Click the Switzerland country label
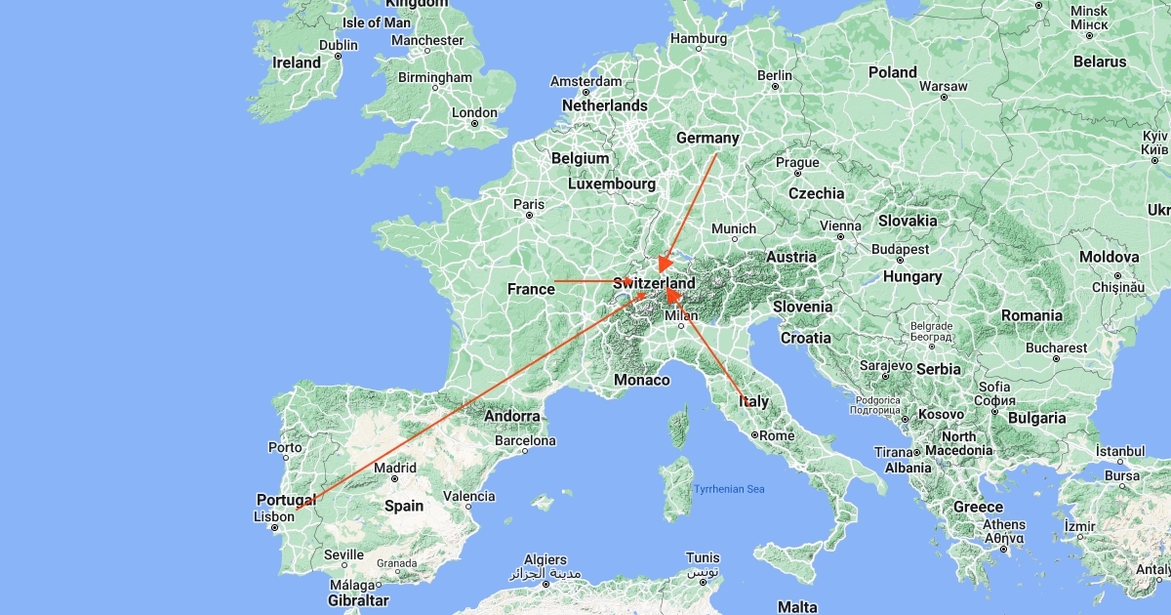[x=655, y=283]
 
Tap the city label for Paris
[x=529, y=205]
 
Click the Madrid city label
[x=395, y=468]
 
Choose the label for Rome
[x=777, y=435]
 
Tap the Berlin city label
[x=775, y=75]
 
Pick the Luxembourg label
[x=612, y=184]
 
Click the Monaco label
[x=642, y=380]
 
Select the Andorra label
[x=512, y=416]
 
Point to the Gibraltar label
[x=358, y=600]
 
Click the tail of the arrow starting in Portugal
[x=296, y=509]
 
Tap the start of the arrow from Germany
[x=716, y=153]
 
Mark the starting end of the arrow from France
[x=554, y=281]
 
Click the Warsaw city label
[x=944, y=86]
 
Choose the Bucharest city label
[x=1055, y=348]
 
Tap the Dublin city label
[x=339, y=45]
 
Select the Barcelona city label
[x=525, y=440]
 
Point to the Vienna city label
[x=841, y=225]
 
